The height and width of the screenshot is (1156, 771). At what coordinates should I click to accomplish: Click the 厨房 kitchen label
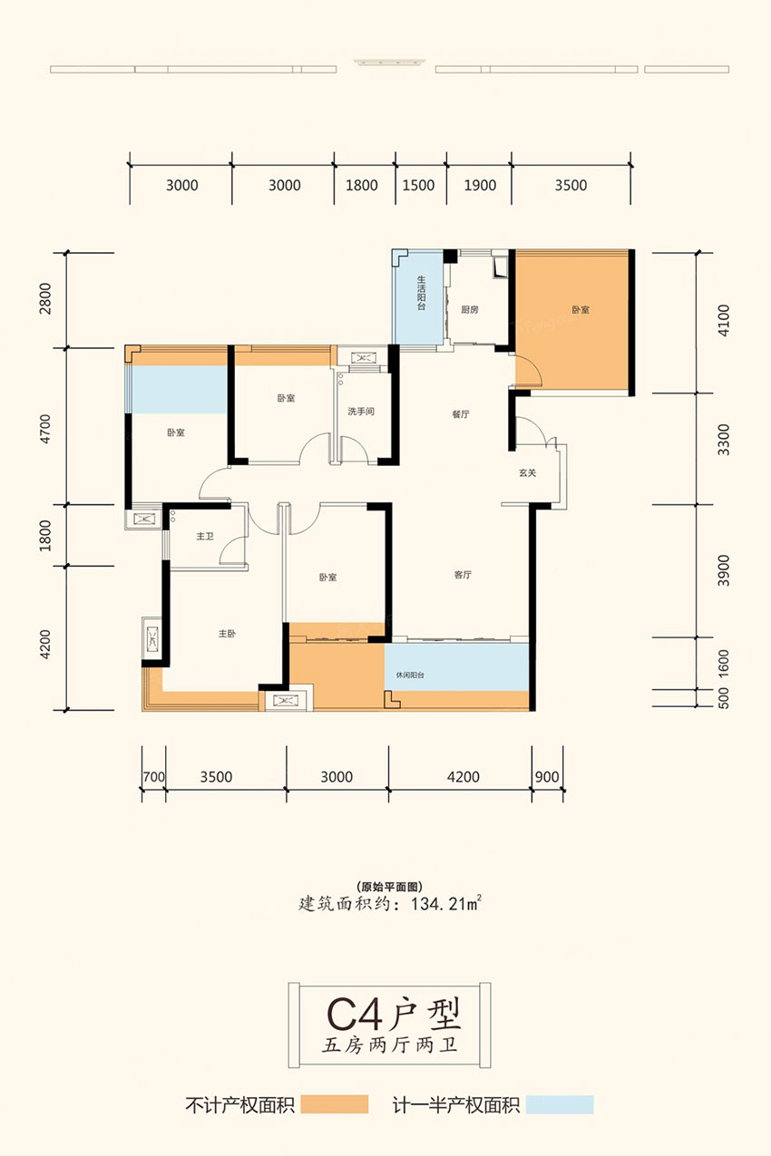[470, 310]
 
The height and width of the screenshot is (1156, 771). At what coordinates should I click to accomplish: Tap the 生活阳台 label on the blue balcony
[422, 294]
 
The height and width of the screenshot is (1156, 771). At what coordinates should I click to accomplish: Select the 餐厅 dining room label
[460, 413]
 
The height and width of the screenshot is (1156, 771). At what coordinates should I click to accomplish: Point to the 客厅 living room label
[463, 575]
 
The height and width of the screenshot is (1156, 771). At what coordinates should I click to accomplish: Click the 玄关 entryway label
[527, 472]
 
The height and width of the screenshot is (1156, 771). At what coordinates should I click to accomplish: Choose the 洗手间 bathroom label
[361, 412]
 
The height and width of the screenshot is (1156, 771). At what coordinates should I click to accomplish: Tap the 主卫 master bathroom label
[205, 536]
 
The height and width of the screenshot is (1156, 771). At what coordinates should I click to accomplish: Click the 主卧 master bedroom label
[227, 633]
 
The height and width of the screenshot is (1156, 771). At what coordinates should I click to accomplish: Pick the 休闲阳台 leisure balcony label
[410, 675]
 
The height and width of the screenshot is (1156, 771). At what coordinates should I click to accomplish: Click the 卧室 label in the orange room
[581, 310]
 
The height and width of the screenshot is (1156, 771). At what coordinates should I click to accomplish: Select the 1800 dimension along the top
[362, 185]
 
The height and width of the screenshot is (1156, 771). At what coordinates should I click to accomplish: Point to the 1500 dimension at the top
[418, 185]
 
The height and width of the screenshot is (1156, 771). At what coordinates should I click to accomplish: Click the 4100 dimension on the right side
[724, 320]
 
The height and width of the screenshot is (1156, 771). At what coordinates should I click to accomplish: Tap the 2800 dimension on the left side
[45, 299]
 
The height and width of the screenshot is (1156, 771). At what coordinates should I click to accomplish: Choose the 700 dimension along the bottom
[154, 777]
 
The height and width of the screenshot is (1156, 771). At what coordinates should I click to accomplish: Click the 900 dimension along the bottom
[547, 777]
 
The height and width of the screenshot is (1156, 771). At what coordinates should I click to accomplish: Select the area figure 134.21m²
[446, 904]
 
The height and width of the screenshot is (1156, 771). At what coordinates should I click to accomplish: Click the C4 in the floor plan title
[356, 1015]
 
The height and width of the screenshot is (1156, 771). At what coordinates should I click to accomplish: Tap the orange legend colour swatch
[335, 1104]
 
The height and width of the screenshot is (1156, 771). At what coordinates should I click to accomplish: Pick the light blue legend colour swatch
[560, 1104]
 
